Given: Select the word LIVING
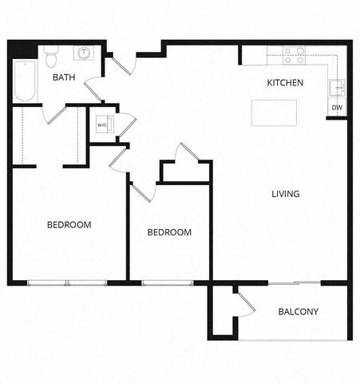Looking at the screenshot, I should [285, 194].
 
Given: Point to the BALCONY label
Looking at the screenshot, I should [299, 311].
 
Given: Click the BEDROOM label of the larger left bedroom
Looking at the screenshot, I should [69, 225].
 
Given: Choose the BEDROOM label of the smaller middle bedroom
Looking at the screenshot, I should [169, 232].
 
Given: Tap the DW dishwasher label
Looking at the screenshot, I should [337, 108].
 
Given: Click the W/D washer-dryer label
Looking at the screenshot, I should [102, 125].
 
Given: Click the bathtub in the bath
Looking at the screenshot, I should [25, 81].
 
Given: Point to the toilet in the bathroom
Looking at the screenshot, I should [51, 57].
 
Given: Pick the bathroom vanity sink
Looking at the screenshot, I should [82, 54].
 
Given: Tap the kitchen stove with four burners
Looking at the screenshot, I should [295, 55].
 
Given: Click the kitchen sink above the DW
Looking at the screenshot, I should [338, 89].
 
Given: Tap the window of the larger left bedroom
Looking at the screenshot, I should [67, 282].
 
